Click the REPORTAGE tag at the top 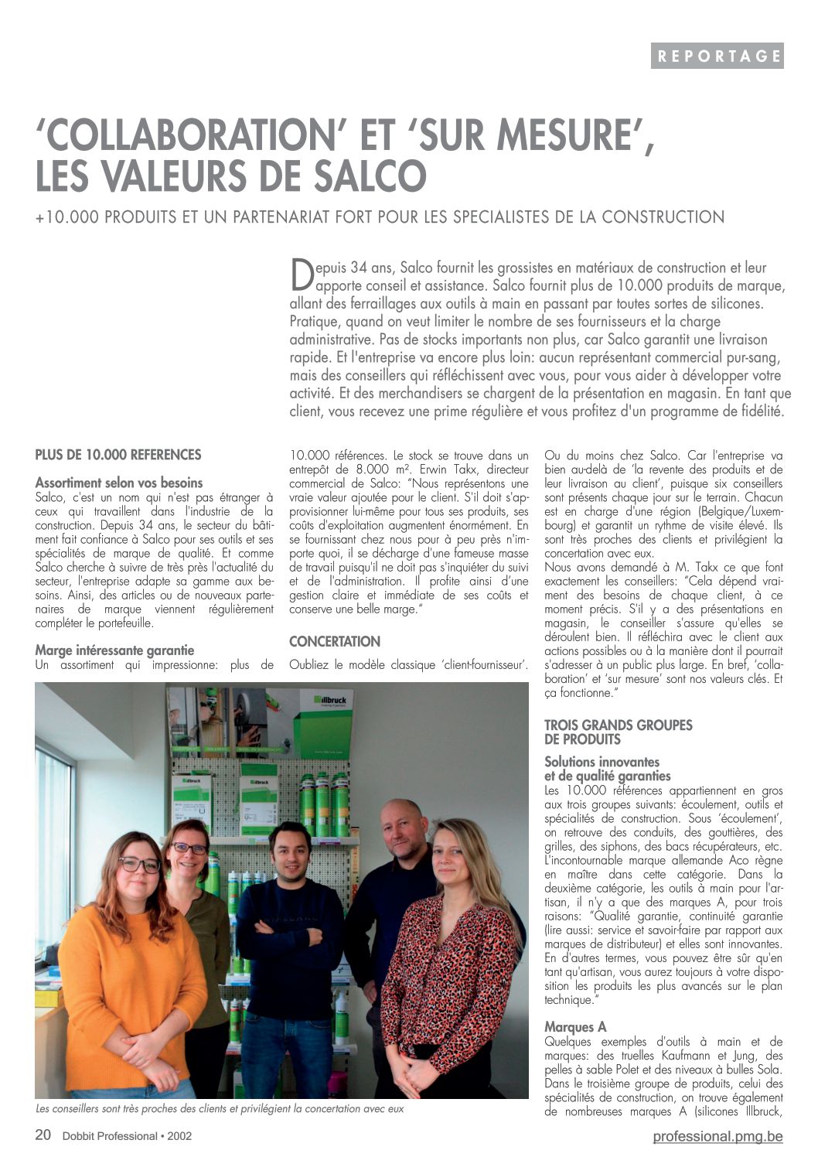pos(717,56)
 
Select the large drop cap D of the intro pos(299,275)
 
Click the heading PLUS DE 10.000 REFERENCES pos(118,455)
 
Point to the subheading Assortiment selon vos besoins pos(119,483)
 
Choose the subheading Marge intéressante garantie pos(114,650)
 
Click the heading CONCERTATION pos(335,642)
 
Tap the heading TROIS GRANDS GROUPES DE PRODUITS pos(618,732)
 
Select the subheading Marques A pos(575,1027)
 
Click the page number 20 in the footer pos(43,1135)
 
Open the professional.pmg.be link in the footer pos(717,1136)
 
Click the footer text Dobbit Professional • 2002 pos(128,1136)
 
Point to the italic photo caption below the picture pos(220,1109)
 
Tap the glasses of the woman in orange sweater pos(139,865)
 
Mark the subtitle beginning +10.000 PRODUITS pos(380,217)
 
